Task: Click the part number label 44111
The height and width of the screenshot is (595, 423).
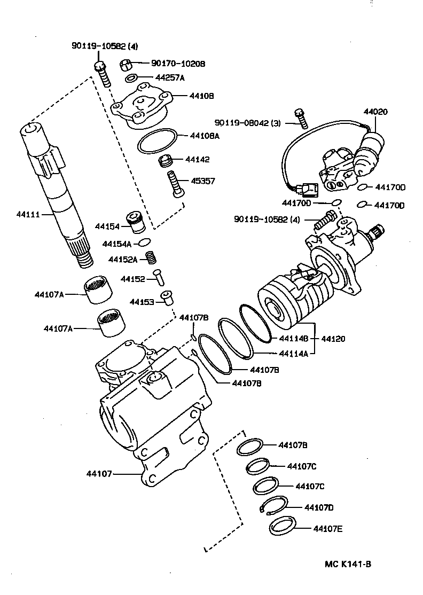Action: [28, 214]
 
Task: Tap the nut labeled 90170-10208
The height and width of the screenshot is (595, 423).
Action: [126, 65]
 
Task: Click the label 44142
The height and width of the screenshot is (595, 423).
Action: [198, 159]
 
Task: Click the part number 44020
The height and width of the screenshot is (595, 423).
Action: [376, 112]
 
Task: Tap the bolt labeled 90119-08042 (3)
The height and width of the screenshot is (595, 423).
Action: [300, 118]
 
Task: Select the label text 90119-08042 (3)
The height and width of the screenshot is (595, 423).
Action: [248, 122]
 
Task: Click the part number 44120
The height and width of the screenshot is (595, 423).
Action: [333, 339]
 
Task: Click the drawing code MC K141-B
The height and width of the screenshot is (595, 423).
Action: [348, 564]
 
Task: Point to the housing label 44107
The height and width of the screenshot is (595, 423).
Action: [98, 473]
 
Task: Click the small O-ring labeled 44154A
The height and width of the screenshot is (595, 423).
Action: [144, 243]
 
